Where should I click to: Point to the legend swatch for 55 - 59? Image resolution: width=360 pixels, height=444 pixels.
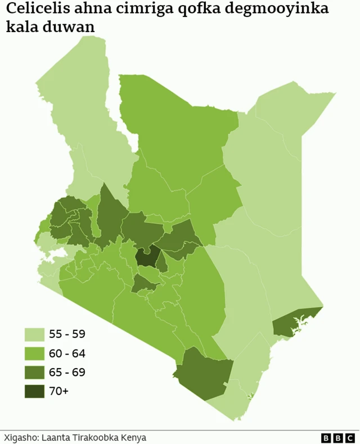coord(34,334)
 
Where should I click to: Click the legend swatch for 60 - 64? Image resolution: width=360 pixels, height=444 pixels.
coord(34,354)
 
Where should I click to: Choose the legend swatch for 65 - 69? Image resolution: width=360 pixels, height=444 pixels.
coord(34,372)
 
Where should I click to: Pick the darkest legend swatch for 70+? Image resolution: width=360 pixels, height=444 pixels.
coord(34,391)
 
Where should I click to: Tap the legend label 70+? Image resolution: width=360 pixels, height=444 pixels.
coord(59,391)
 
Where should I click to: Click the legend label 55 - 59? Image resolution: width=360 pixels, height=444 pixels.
coord(67,334)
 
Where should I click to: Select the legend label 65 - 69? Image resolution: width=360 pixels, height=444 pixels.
coord(67,372)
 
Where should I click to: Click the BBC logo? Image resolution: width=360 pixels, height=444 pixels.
coord(337,437)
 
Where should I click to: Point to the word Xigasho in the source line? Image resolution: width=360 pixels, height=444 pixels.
coord(20,437)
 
